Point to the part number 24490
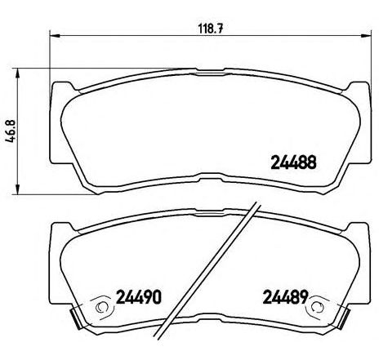pos(136,294)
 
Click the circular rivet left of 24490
pos(101,308)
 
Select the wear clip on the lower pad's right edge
pos(341,314)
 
